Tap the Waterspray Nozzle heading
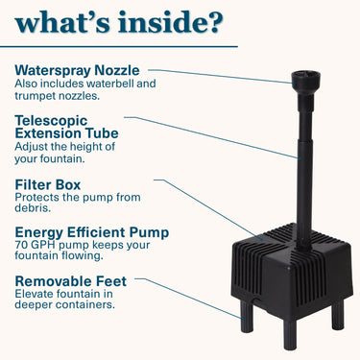point(78,70)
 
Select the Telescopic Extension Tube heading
point(66,126)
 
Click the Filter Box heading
point(49,183)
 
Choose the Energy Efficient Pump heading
point(92,231)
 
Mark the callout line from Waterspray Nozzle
point(221,76)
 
